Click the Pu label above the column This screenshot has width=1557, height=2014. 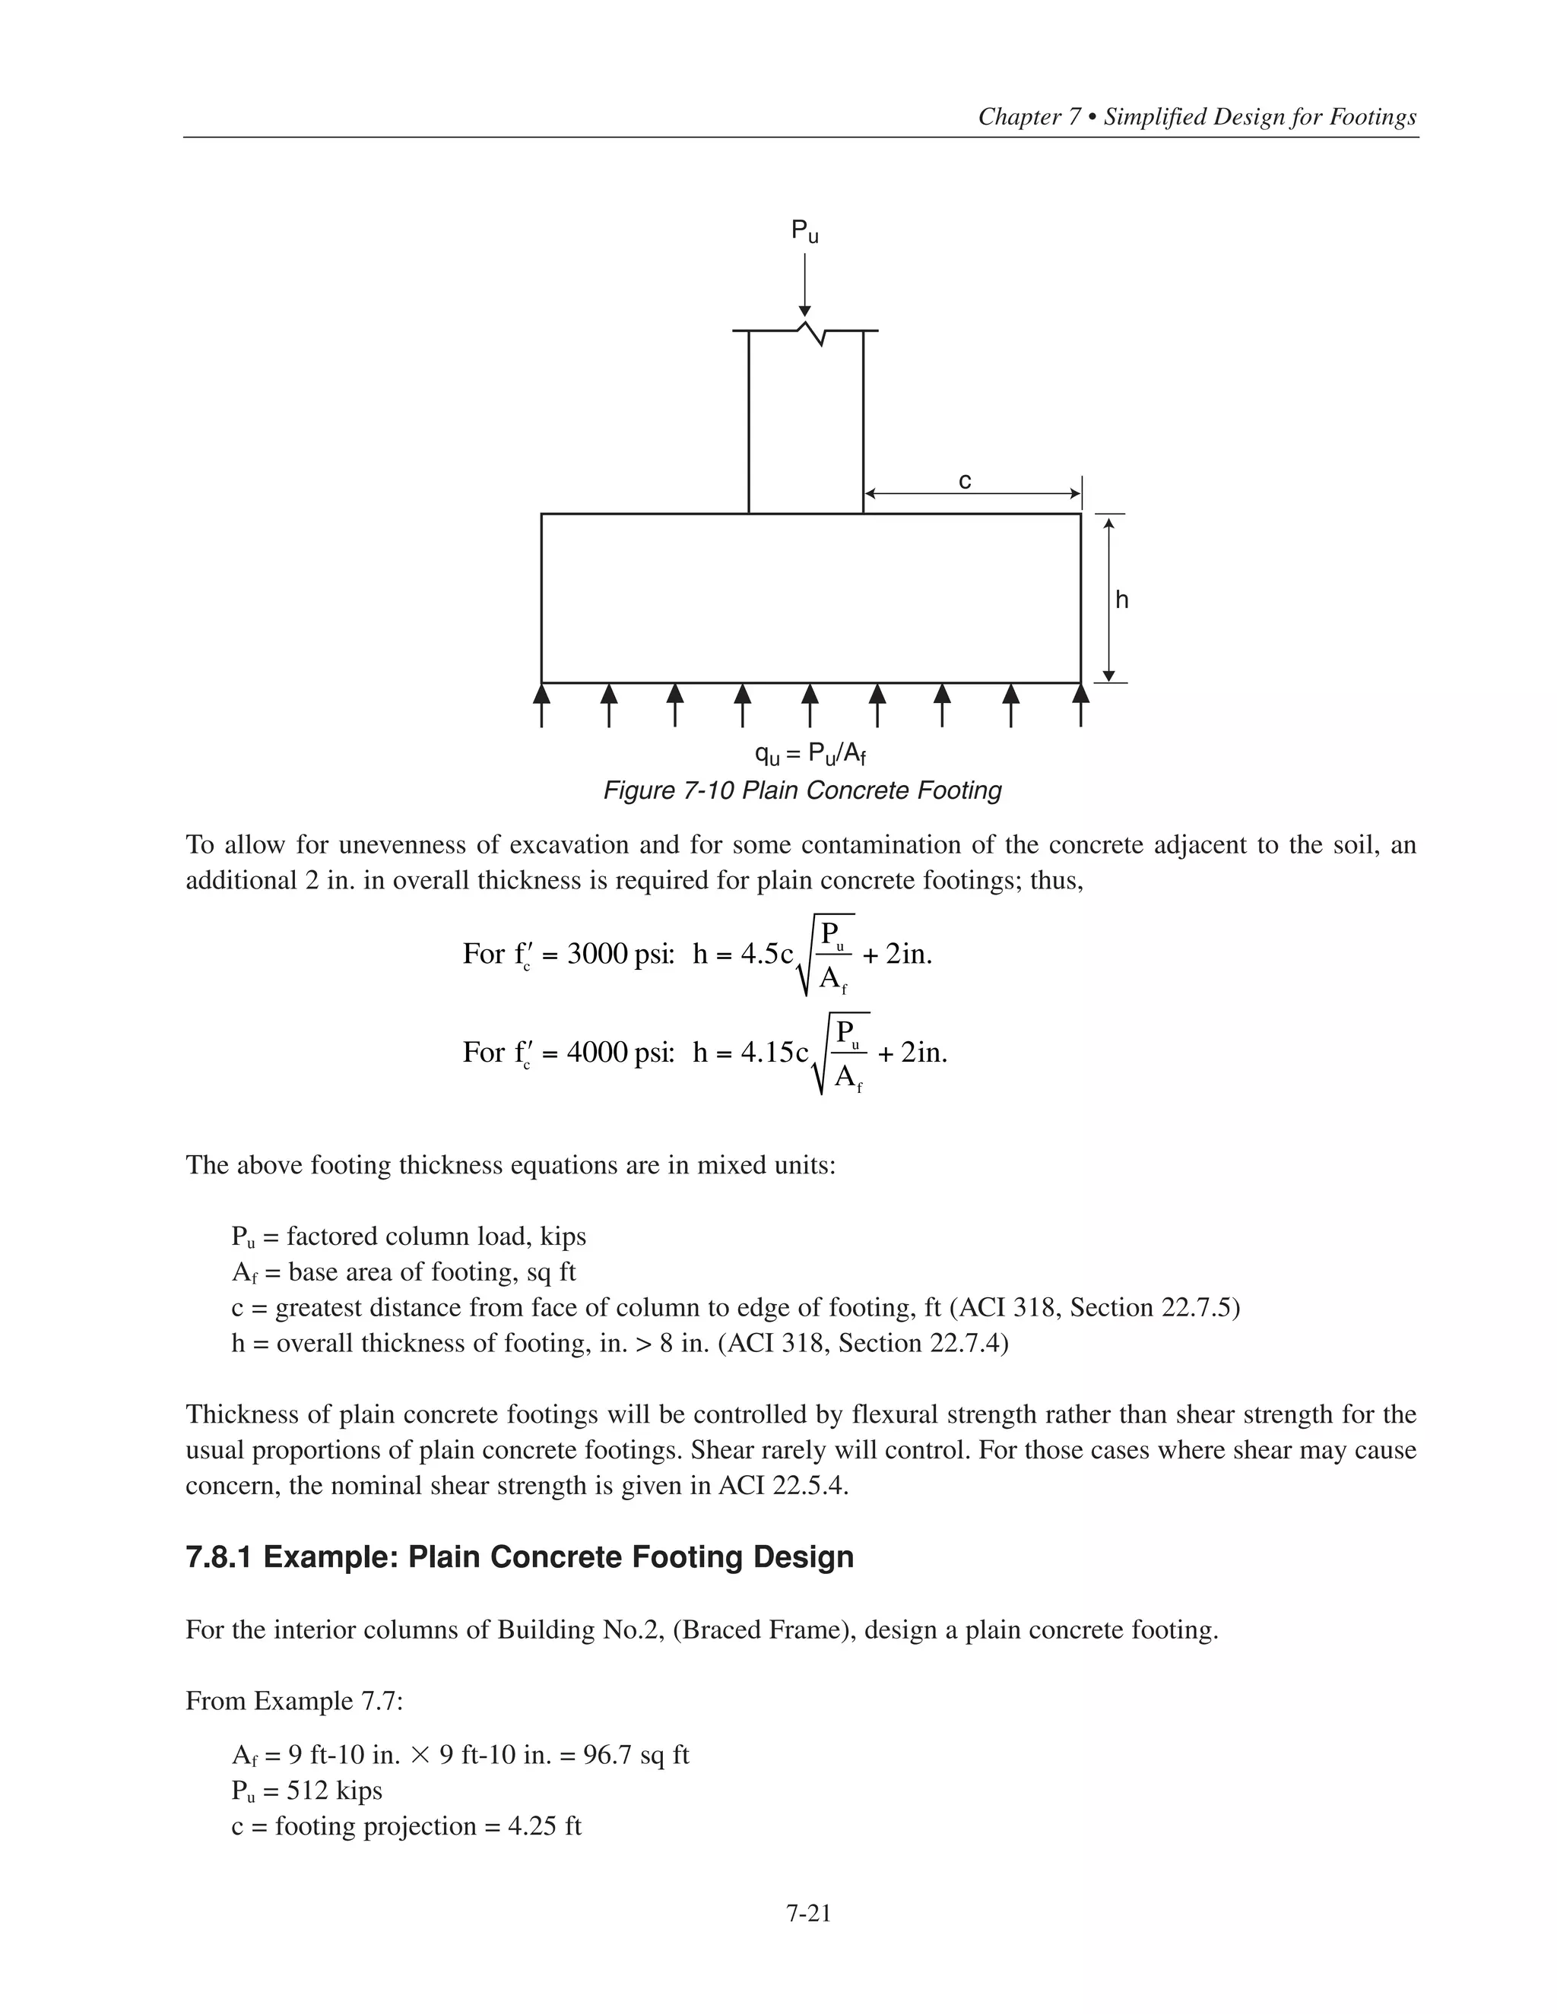(x=804, y=232)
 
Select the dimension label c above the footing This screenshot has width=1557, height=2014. (x=965, y=480)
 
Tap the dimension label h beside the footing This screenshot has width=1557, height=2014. (x=1121, y=600)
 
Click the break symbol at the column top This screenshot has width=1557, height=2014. (x=810, y=332)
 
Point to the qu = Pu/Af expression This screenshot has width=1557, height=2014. (x=810, y=755)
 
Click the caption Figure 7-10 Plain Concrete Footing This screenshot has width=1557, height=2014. (x=801, y=790)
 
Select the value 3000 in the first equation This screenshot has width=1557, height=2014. (x=597, y=954)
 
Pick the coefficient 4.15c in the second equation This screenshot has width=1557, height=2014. (x=775, y=1052)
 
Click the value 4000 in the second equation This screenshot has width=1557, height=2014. (x=597, y=1052)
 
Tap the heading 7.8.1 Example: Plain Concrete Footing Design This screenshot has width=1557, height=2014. (x=519, y=1556)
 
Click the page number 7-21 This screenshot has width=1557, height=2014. (x=809, y=1914)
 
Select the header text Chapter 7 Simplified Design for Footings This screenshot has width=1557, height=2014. (x=1197, y=117)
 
